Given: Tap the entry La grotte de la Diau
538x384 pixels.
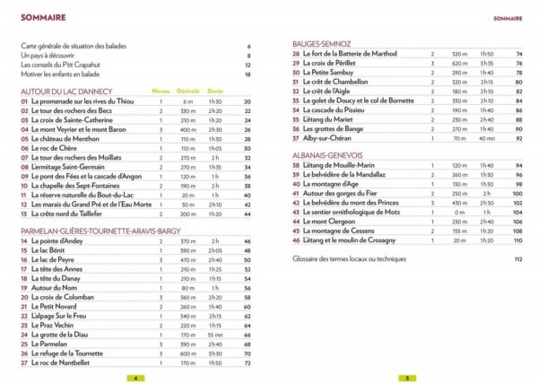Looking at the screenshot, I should pos(65,334).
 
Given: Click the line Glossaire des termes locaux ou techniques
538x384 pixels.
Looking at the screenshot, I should pos(356,259).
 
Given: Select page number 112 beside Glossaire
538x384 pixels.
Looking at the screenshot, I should pos(517,259).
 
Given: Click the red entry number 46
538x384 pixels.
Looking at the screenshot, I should pos(297,240).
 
